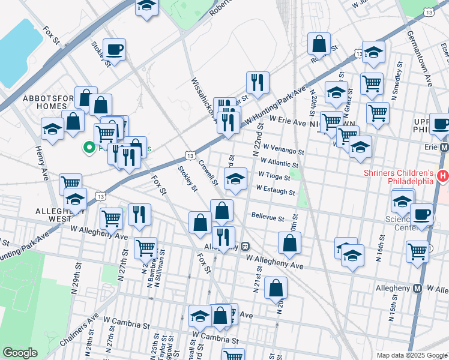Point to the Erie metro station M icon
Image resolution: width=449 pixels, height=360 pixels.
[444, 147]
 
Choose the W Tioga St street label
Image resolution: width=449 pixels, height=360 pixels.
[274, 176]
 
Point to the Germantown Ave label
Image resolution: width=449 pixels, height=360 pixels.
[428, 70]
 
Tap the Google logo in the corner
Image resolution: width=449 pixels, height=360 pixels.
[20, 353]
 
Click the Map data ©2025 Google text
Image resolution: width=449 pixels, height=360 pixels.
[411, 355]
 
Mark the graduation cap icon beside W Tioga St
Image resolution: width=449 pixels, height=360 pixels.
[235, 178]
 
